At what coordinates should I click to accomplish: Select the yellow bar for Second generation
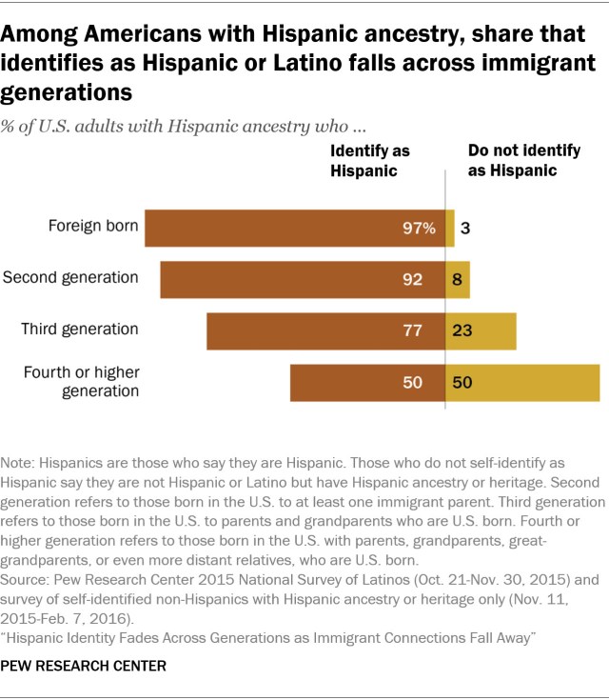(458, 280)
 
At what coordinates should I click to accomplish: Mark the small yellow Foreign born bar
(450, 229)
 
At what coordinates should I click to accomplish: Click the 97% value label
(420, 229)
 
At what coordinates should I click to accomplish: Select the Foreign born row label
(94, 227)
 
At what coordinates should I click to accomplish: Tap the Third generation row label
(80, 330)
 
